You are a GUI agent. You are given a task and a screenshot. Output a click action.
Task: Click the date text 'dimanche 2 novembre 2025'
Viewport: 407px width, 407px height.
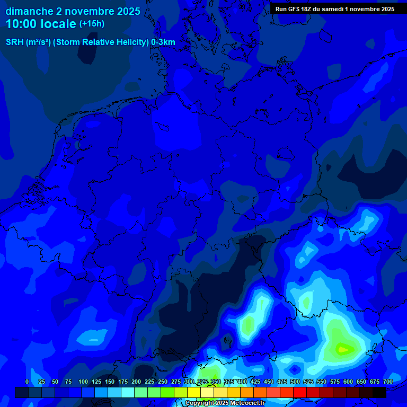click(x=73, y=11)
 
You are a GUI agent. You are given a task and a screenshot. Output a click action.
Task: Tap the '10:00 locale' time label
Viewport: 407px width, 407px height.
click(x=41, y=24)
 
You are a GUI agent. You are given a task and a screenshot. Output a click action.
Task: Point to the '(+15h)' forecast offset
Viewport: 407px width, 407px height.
click(x=92, y=24)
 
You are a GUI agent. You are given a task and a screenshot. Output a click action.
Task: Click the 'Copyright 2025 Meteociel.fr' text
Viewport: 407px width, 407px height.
click(x=225, y=403)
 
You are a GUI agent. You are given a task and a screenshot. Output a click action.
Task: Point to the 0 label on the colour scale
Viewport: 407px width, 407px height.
click(x=27, y=382)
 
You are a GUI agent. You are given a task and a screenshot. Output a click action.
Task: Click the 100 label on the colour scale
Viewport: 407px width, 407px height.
click(x=83, y=382)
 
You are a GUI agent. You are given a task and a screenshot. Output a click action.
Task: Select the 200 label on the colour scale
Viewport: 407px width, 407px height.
click(x=136, y=382)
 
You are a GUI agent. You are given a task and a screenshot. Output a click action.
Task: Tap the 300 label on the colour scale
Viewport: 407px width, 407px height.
click(x=189, y=382)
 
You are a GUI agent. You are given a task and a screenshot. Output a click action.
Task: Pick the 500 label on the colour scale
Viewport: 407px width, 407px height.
click(x=295, y=382)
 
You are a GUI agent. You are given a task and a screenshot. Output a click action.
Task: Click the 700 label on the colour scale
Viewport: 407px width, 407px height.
click(x=388, y=382)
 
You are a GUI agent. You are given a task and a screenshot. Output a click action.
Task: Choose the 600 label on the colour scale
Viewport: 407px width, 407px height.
click(x=348, y=382)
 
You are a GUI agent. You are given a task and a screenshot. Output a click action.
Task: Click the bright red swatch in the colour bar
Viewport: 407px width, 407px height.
click(x=300, y=392)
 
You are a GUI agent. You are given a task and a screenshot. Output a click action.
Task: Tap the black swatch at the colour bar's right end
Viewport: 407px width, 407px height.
click(x=379, y=392)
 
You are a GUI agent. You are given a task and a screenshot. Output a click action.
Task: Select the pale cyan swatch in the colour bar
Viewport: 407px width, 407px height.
click(x=128, y=392)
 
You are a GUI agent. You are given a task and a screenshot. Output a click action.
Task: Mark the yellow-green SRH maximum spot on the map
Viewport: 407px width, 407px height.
click(x=342, y=349)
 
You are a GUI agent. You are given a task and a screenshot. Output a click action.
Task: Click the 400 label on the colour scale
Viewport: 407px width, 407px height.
click(x=242, y=382)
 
